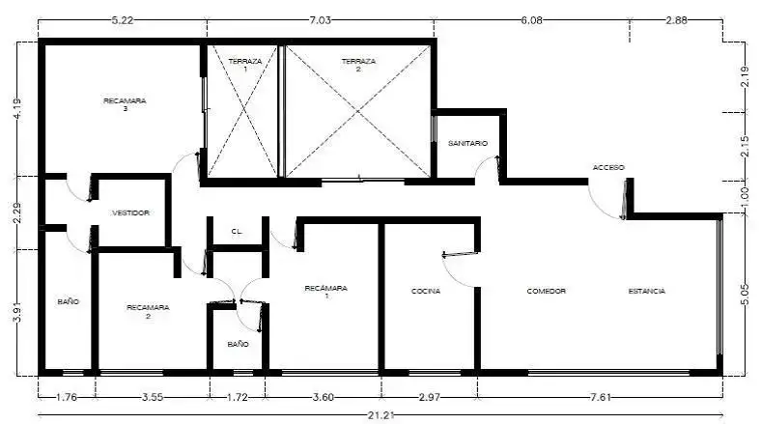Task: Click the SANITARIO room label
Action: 467,144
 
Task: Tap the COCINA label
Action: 426,291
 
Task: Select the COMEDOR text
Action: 546,291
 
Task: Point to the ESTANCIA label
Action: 646,291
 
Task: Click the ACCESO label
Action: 608,167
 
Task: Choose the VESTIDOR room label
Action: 130,213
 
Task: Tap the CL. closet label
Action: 237,232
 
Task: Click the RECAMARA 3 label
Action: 125,104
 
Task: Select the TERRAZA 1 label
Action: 245,65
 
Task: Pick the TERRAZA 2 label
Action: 358,65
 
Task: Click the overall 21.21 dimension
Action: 380,415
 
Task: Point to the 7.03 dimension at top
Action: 320,20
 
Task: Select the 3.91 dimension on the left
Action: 17,312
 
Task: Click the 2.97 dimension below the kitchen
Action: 429,397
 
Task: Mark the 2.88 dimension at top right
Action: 677,20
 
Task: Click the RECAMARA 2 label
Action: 148,311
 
